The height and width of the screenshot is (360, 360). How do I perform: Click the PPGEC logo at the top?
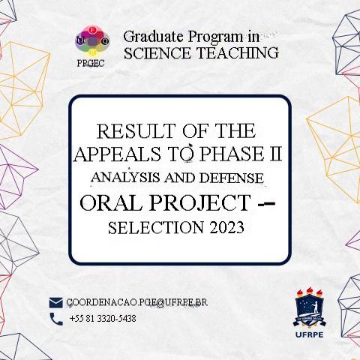(x=91, y=44)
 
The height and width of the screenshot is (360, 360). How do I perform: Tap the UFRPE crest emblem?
(x=309, y=307)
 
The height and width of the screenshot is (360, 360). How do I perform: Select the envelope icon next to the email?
(x=55, y=302)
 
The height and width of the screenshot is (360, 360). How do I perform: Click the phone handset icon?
(x=55, y=319)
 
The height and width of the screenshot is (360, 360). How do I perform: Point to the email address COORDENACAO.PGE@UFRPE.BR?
(x=136, y=302)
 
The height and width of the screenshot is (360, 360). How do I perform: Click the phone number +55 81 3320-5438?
(x=102, y=319)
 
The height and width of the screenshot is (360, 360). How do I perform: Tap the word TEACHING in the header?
(x=236, y=52)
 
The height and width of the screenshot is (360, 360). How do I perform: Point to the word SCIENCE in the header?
(x=155, y=52)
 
